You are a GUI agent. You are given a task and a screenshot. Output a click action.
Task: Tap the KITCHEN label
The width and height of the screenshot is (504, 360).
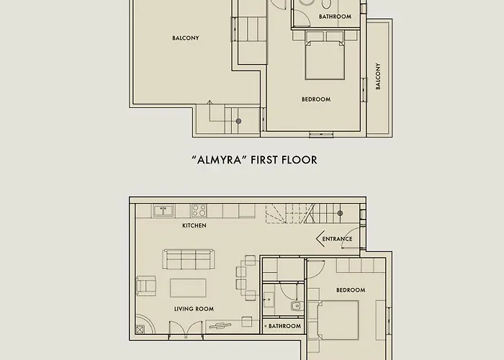(194, 225)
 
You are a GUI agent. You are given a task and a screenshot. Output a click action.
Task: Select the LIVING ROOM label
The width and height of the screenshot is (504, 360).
(194, 309)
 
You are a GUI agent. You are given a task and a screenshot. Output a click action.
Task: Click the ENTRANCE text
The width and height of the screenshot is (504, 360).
(337, 238)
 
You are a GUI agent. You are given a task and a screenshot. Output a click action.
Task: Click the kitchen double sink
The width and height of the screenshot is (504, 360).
(162, 210)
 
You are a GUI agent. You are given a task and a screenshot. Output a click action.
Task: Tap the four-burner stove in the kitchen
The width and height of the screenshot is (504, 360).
(199, 210)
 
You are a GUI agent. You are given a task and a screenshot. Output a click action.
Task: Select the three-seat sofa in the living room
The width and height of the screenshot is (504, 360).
(189, 259)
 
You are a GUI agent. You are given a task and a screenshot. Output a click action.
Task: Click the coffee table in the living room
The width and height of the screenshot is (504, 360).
(188, 287)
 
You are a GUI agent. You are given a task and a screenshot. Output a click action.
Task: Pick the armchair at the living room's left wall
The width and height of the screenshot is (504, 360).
(145, 286)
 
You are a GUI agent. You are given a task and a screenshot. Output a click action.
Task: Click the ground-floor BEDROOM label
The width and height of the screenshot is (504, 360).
(351, 290)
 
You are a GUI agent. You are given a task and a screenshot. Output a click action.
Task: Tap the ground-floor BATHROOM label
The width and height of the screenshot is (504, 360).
(285, 326)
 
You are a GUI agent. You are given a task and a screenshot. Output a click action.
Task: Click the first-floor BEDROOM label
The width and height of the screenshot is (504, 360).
(315, 99)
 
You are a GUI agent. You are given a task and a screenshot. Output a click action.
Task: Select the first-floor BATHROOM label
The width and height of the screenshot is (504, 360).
(335, 17)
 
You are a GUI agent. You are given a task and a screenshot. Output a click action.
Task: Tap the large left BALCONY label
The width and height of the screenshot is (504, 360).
(185, 38)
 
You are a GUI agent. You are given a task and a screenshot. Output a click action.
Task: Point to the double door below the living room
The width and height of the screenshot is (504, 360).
(181, 329)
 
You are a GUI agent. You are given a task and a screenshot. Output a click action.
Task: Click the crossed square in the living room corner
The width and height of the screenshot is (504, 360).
(140, 328)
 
